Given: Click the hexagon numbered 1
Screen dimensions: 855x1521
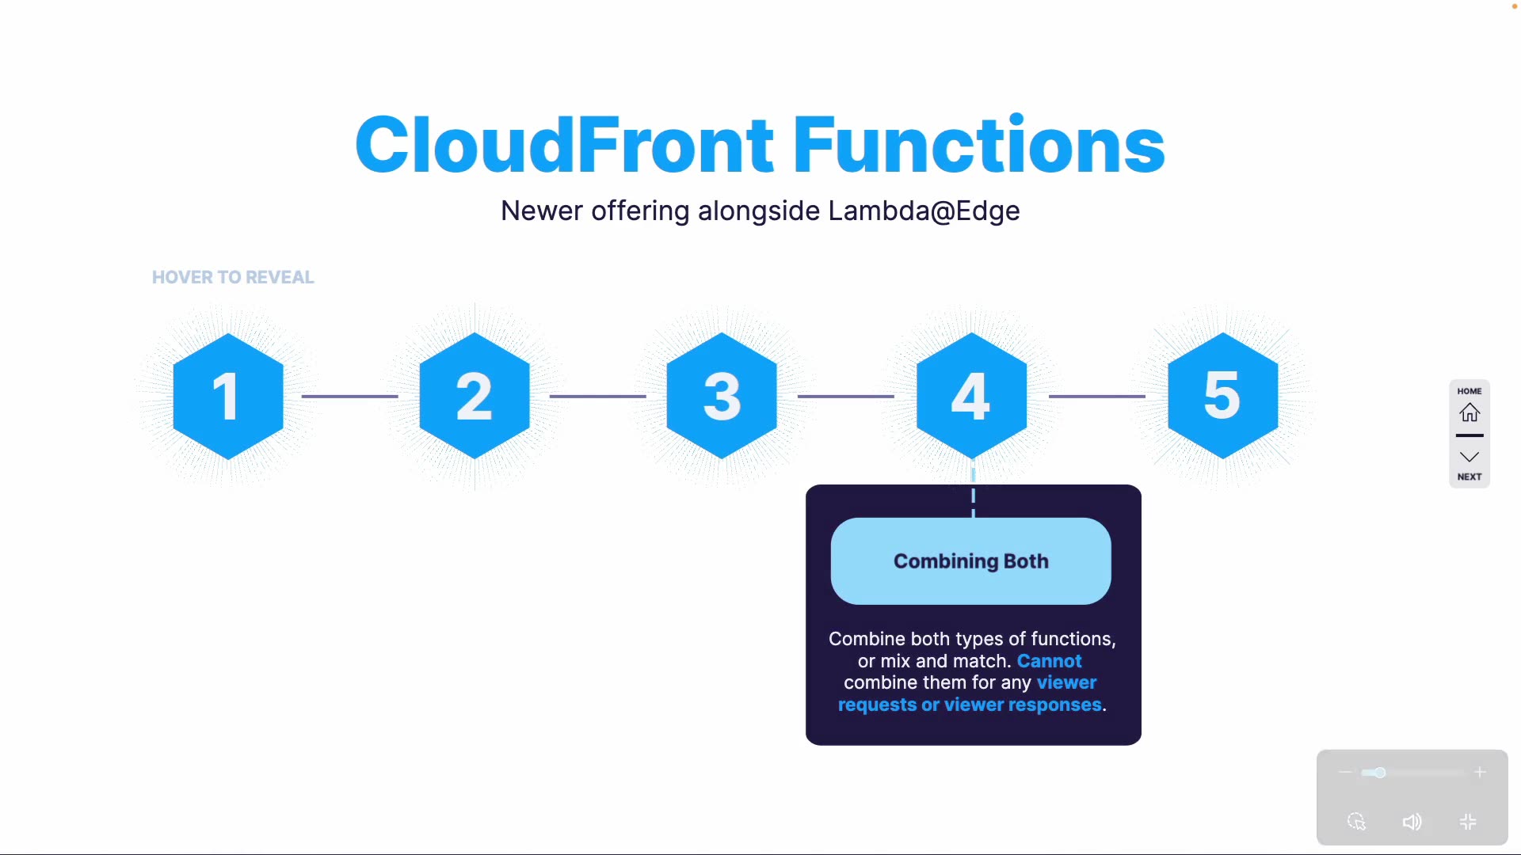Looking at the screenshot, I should (228, 396).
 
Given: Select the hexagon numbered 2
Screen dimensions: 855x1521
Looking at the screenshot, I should (475, 396).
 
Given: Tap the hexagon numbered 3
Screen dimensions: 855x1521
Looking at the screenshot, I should (722, 396).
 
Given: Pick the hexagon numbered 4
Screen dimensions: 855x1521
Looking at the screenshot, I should (971, 396).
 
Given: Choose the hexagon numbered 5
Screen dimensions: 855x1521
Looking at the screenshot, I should (1222, 396).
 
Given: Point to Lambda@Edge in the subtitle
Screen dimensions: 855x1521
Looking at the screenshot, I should (924, 211).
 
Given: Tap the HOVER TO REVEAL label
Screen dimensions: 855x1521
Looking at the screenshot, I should (233, 277).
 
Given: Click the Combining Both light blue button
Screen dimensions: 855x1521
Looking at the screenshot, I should (970, 561).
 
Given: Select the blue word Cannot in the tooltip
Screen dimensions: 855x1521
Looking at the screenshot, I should (1049, 661).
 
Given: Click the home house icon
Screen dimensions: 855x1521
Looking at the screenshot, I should (1470, 412).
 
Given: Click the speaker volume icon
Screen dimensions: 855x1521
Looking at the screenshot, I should (1412, 822).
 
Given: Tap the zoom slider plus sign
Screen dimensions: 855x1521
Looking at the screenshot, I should (1480, 772).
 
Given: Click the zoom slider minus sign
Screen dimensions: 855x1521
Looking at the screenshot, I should (1344, 772).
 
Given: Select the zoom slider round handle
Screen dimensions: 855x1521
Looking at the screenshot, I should (1380, 773).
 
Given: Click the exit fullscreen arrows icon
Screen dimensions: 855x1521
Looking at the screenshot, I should (1468, 822).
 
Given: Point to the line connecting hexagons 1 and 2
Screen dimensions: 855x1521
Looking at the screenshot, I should (349, 396).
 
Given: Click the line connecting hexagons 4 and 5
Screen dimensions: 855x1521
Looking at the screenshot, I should (1097, 396).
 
